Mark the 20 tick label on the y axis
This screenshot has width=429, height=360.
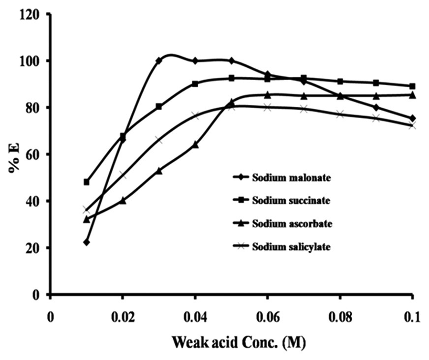click(x=33, y=248)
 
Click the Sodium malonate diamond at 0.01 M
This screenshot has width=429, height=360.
click(x=87, y=242)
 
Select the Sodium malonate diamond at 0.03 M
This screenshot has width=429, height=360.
click(x=159, y=60)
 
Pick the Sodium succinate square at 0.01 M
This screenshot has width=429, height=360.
click(x=87, y=182)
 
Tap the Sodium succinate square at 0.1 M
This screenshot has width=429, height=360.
click(x=412, y=86)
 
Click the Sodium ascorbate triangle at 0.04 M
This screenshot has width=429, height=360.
click(x=195, y=145)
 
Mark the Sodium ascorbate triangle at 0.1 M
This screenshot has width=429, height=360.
click(x=412, y=94)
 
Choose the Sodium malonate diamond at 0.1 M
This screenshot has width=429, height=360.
click(x=412, y=118)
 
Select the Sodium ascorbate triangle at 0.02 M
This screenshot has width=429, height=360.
click(x=123, y=200)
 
